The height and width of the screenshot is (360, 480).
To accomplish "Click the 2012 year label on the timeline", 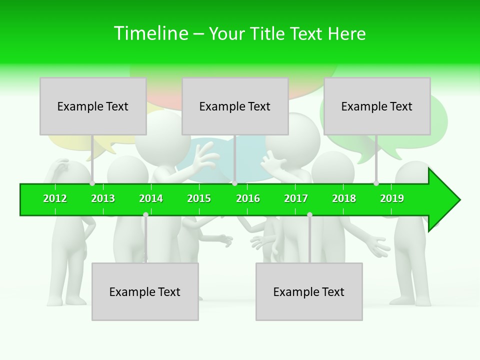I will pyautogui.click(x=55, y=198).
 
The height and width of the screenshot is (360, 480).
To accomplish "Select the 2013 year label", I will pyautogui.click(x=103, y=198).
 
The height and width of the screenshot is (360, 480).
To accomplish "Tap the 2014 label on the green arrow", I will pyautogui.click(x=151, y=198).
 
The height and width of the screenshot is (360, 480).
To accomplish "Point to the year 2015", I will pyautogui.click(x=199, y=198).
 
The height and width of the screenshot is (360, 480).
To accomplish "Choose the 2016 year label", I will pyautogui.click(x=248, y=198).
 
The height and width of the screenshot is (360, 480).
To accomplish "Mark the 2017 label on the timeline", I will pyautogui.click(x=296, y=198).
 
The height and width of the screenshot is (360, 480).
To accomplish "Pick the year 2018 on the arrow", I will pyautogui.click(x=344, y=198).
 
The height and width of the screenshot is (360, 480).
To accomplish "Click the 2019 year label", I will pyautogui.click(x=392, y=198).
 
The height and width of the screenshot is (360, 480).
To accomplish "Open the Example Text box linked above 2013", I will pyautogui.click(x=93, y=106).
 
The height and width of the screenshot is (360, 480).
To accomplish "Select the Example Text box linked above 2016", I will pyautogui.click(x=235, y=106).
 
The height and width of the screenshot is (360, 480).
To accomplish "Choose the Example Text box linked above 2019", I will pyautogui.click(x=377, y=106).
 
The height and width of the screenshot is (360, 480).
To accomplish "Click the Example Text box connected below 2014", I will pyautogui.click(x=145, y=292).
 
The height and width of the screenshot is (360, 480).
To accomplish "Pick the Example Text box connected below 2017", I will pyautogui.click(x=309, y=292).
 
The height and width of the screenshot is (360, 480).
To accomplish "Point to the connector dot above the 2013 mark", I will pyautogui.click(x=92, y=183).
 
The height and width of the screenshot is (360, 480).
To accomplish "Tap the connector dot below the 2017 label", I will pyautogui.click(x=309, y=214).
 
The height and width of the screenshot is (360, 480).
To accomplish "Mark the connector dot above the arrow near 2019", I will pyautogui.click(x=376, y=183).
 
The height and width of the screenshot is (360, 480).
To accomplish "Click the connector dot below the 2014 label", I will pyautogui.click(x=145, y=214).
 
